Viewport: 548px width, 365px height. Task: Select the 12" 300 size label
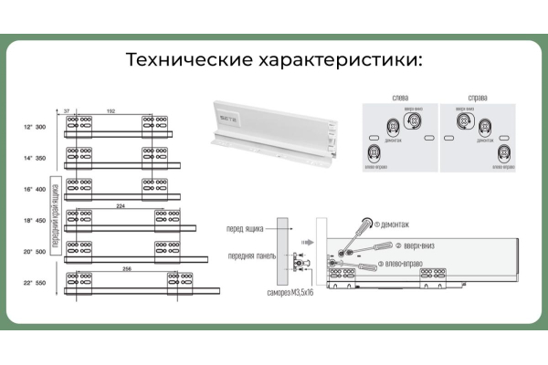click(35, 128)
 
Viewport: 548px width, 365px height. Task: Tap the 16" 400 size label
click(35, 189)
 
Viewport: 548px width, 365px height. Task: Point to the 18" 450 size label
click(35, 220)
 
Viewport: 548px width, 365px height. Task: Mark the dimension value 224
click(121, 205)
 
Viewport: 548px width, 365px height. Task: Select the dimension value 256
click(128, 267)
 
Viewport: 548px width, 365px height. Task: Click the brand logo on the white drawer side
click(226, 120)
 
